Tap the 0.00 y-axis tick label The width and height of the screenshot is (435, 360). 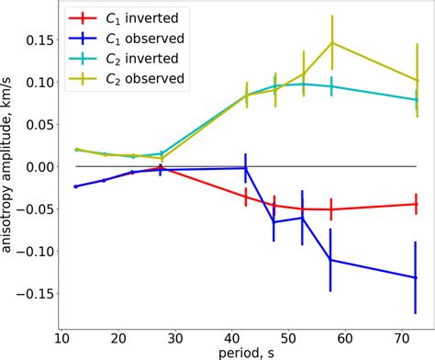coord(33,167)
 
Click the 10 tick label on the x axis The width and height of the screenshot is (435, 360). coord(61,339)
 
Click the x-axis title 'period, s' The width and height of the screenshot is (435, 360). coord(244,353)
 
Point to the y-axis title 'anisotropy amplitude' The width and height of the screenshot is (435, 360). coord(8,165)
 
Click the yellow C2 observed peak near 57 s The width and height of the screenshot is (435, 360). coord(331,42)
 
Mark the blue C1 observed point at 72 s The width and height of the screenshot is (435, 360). coord(417,277)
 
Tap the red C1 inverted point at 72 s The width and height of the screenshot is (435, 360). coord(417,204)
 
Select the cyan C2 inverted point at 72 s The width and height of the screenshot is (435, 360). coord(417,100)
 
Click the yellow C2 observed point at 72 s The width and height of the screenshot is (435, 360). coord(417,80)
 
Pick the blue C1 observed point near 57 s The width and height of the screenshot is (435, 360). coord(331,261)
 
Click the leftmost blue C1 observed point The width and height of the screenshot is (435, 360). coord(75,186)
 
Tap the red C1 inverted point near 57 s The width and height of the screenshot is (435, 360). coord(331,209)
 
